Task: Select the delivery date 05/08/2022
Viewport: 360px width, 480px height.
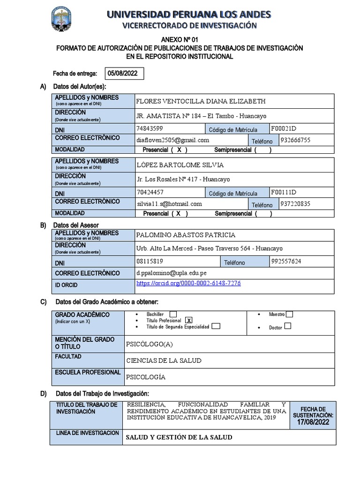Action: click(x=122, y=74)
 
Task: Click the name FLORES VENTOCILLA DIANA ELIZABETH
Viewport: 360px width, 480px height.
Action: click(x=200, y=101)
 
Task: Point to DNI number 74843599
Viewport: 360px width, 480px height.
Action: click(x=150, y=128)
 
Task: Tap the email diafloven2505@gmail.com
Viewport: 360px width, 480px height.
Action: click(x=172, y=140)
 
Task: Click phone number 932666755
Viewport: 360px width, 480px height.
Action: click(x=295, y=140)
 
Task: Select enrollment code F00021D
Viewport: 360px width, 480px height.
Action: click(x=284, y=128)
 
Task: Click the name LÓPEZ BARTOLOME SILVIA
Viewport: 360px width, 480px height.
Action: click(x=180, y=165)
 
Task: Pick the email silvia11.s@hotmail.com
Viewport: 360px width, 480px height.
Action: click(x=169, y=204)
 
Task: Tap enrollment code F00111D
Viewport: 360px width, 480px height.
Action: click(x=284, y=192)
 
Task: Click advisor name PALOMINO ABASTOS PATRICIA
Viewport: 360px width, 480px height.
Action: click(x=186, y=235)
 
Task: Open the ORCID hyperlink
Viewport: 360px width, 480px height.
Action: click(x=188, y=284)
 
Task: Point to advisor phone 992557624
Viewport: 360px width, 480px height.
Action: click(x=286, y=261)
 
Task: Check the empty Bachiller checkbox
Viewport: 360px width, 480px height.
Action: click(x=173, y=314)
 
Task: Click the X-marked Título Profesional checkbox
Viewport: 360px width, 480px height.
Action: click(x=189, y=320)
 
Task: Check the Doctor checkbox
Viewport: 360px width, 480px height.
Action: click(x=288, y=326)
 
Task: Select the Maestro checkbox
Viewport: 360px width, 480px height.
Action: click(x=290, y=314)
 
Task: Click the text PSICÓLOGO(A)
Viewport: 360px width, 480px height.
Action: click(x=150, y=345)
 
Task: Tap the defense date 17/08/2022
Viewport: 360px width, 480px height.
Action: click(x=313, y=422)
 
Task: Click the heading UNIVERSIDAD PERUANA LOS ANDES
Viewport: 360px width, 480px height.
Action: click(x=189, y=15)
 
